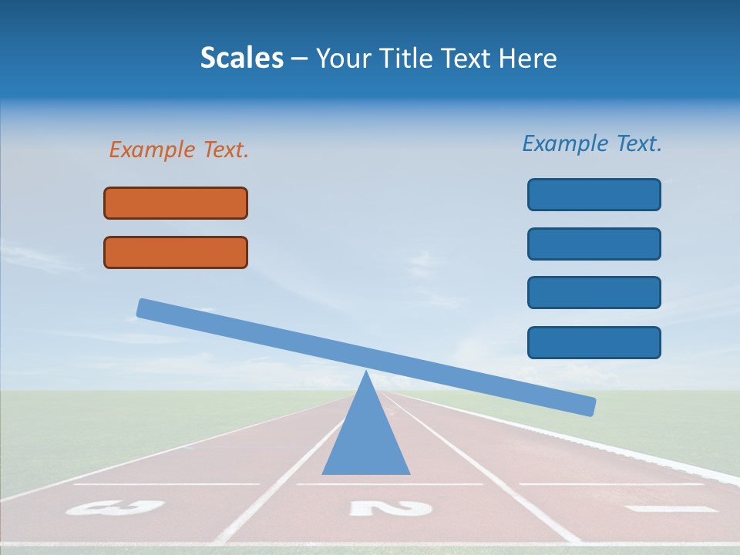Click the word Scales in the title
(242, 59)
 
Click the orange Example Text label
(179, 150)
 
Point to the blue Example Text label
(592, 143)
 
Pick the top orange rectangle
(176, 203)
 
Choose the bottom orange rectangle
(176, 252)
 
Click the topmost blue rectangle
(594, 194)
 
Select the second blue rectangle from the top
(594, 244)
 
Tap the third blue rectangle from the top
(594, 292)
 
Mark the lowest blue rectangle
(594, 342)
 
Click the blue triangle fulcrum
(366, 439)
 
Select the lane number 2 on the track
(390, 507)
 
